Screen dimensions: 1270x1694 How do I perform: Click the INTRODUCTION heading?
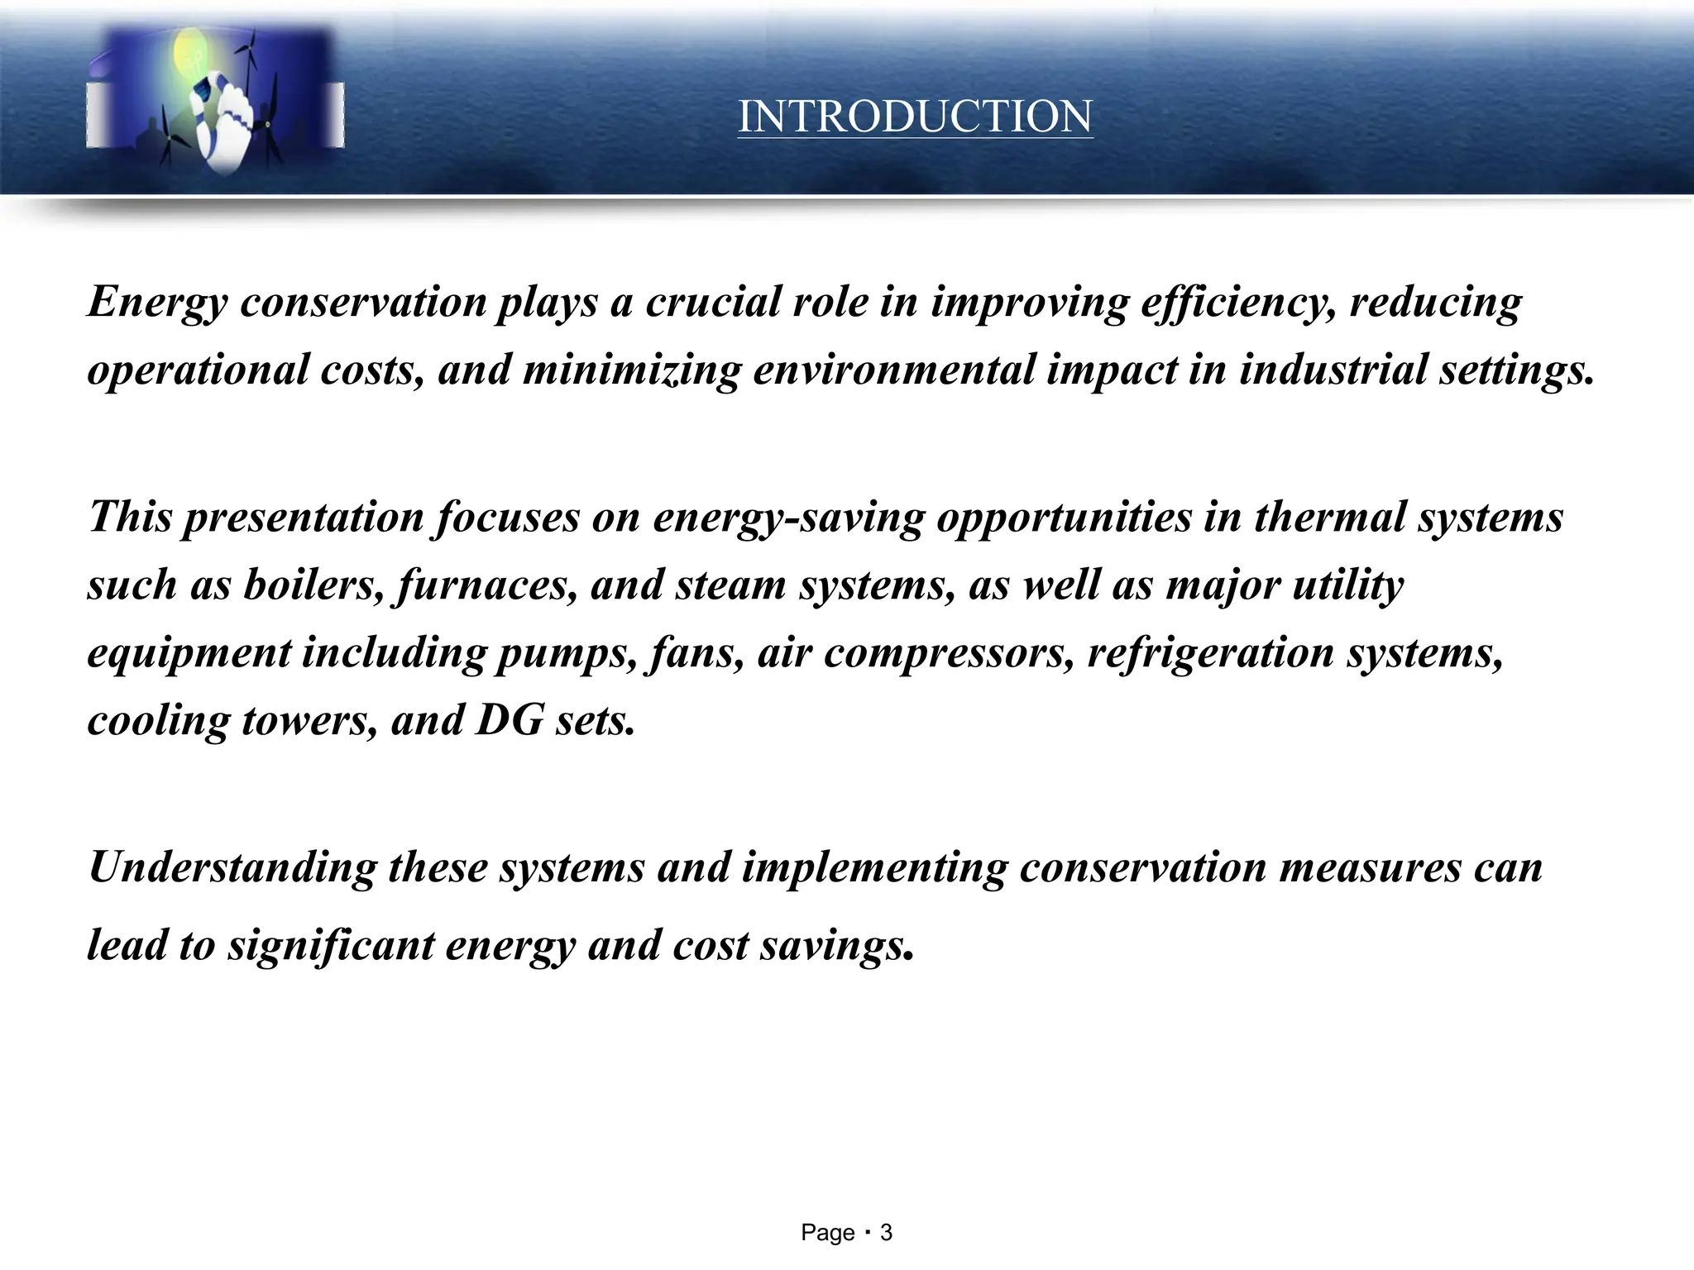915,117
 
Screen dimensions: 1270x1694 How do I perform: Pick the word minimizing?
631,370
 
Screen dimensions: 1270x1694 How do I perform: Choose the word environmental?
894,370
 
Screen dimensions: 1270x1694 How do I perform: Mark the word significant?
331,945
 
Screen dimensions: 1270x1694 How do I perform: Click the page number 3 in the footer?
886,1234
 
